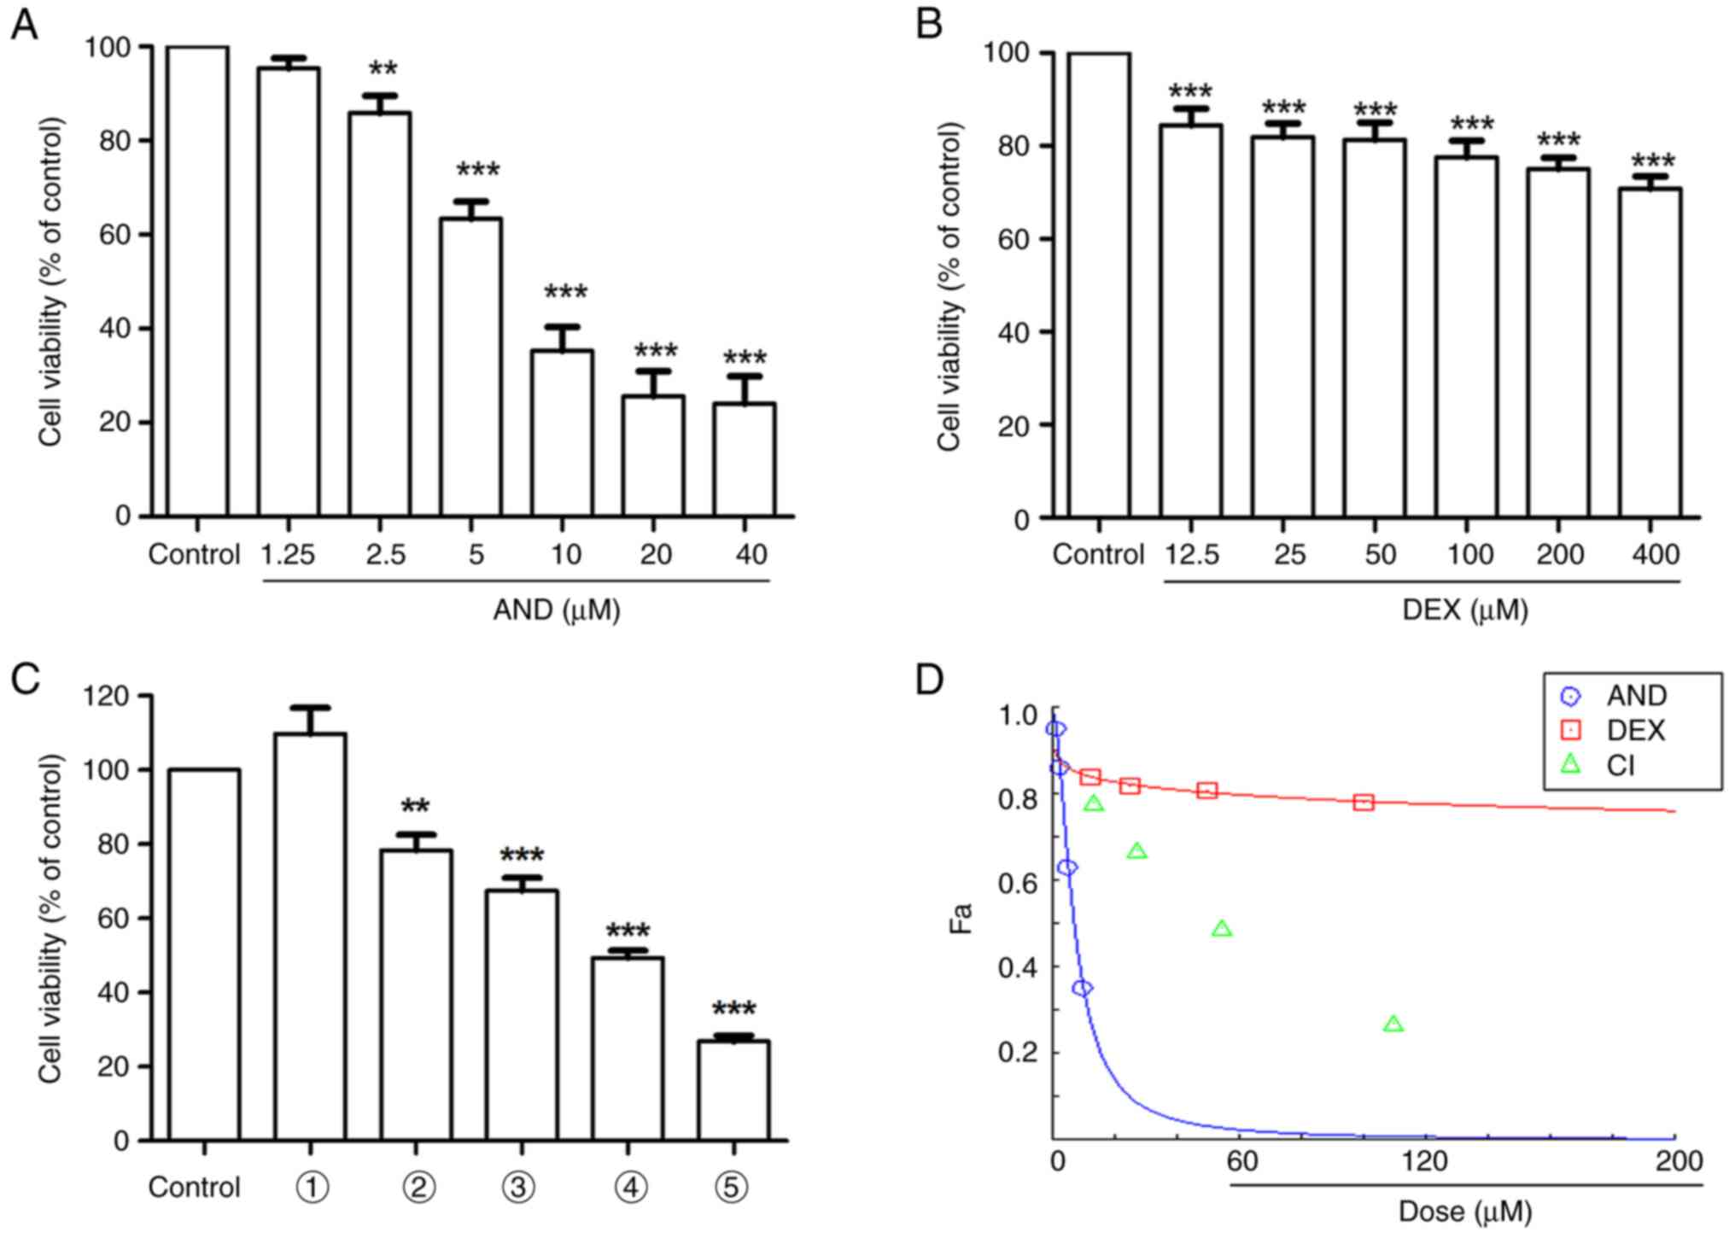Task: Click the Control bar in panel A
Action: [x=197, y=282]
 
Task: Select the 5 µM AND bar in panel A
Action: [x=470, y=367]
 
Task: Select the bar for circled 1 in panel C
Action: [x=310, y=937]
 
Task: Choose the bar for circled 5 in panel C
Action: [x=733, y=1089]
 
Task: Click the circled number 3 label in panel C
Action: [x=517, y=1188]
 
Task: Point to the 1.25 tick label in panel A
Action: [x=288, y=555]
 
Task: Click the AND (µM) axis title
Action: [x=556, y=610]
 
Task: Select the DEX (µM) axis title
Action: [x=1465, y=610]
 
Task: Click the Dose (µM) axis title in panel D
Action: [x=1465, y=1212]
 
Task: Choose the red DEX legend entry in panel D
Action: [x=1617, y=731]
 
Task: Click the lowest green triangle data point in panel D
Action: [x=1393, y=1025]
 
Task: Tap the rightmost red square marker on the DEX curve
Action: [x=1364, y=802]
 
